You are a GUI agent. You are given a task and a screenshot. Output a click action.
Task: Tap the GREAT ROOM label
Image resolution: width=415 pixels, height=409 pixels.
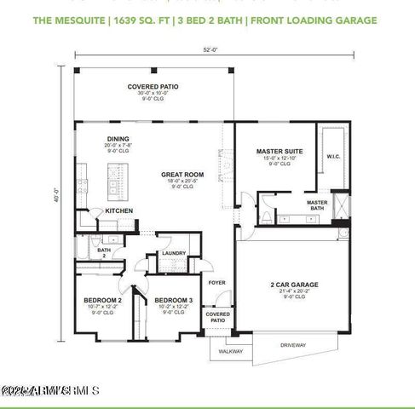coord(182,175)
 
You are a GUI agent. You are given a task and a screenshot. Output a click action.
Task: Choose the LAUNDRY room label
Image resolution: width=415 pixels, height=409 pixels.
coord(174,253)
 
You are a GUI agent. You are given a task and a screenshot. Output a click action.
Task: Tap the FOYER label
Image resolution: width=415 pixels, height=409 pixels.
coord(217,281)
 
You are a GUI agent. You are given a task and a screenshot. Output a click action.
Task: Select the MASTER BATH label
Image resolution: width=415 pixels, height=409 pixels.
coord(317,205)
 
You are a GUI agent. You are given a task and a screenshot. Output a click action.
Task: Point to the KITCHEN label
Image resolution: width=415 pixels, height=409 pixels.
coord(118,210)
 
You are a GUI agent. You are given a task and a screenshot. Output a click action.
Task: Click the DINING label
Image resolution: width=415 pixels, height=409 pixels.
coord(118,139)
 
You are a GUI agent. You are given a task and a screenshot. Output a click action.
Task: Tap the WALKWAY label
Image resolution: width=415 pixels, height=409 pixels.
coord(231,350)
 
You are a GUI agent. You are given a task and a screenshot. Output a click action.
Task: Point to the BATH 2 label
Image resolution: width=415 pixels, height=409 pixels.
coord(103,253)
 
